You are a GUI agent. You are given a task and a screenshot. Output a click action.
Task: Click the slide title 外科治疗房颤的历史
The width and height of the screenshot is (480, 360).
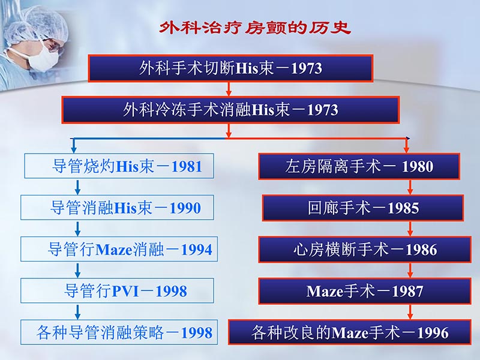tap(255, 28)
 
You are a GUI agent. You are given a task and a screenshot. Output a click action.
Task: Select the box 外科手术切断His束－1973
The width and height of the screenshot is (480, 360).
tap(231, 68)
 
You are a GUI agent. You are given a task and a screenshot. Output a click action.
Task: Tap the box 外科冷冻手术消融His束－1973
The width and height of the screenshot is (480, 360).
tap(231, 110)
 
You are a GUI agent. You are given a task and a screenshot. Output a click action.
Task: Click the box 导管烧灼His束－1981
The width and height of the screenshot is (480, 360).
tap(118, 166)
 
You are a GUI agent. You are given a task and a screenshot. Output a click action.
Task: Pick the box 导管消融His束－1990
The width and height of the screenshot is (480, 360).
tap(118, 208)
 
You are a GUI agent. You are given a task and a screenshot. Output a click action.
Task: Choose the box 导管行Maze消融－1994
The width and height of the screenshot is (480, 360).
tap(118, 249)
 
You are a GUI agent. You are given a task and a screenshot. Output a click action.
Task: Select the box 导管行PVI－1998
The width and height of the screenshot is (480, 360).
tap(118, 290)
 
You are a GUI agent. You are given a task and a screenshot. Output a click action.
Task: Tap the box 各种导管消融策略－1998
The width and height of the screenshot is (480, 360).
tap(118, 332)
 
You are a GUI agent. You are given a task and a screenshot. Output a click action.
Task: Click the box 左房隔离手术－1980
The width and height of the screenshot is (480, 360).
tap(359, 166)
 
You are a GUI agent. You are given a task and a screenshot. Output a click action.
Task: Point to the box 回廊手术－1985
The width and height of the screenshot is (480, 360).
tap(362, 208)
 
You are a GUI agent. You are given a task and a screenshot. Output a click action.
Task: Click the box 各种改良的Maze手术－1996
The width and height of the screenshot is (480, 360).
tap(350, 332)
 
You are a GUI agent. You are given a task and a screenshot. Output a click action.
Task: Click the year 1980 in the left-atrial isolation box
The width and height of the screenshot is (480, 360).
tap(418, 167)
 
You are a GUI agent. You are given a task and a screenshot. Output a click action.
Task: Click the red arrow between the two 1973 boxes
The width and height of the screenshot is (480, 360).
tap(229, 89)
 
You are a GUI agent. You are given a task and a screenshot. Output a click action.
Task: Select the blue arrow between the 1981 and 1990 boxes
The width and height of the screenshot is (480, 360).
tap(77, 187)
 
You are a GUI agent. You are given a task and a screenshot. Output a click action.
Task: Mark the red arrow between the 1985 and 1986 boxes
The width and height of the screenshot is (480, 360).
tap(410, 229)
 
